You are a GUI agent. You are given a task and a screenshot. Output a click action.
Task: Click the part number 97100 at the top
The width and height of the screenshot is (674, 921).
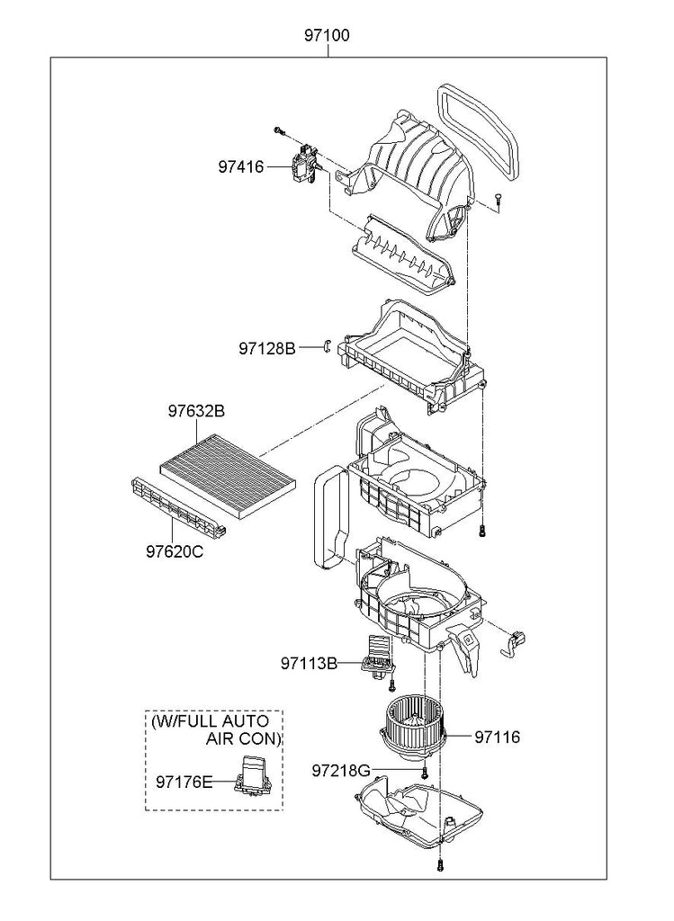pos(327,35)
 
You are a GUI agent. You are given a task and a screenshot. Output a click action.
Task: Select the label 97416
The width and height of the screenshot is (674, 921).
pos(241,166)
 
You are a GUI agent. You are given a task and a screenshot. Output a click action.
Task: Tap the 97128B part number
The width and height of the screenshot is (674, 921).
pos(267,348)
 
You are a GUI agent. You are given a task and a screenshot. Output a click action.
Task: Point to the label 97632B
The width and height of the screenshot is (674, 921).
pos(196,411)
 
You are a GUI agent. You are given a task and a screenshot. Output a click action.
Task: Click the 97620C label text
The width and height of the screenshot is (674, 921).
pos(175,551)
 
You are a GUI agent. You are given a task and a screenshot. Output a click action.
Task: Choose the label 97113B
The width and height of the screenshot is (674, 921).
pos(309,663)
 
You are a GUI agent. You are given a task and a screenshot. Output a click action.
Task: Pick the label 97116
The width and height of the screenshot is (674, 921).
pos(497,737)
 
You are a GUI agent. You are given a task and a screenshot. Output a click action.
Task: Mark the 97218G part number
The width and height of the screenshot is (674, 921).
pos(341,770)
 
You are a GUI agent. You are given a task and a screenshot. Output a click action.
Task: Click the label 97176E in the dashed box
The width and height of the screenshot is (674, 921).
pos(184,782)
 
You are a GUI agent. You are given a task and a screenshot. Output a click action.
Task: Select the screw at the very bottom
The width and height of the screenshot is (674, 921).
pos(439,864)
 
